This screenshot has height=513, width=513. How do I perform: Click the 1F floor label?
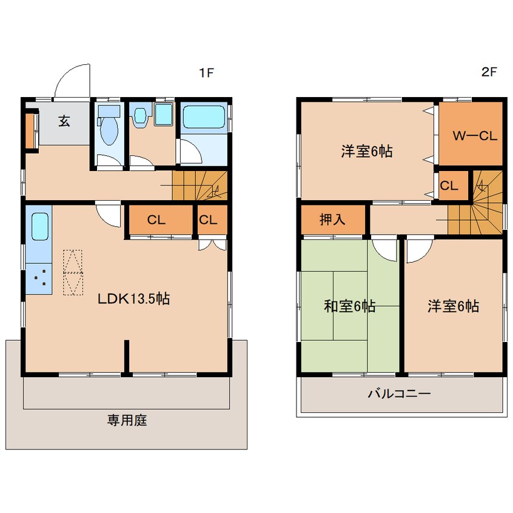click(206, 73)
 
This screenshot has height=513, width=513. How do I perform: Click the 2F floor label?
click(489, 72)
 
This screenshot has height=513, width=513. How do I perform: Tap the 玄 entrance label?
click(64, 121)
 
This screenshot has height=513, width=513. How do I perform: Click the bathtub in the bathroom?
click(204, 117)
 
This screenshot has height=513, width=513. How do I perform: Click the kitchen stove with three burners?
click(39, 279)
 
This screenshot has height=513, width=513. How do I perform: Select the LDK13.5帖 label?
click(134, 299)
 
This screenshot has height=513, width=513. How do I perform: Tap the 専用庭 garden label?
click(127, 420)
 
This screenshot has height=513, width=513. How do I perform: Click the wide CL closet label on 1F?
click(156, 220)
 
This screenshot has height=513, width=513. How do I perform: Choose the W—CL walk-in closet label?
click(475, 135)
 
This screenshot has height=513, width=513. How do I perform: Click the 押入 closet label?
click(332, 219)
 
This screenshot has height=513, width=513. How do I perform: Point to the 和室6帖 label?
click(349, 306)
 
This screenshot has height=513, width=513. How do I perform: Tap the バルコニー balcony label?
click(399, 393)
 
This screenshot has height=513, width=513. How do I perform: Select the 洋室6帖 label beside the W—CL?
click(367, 151)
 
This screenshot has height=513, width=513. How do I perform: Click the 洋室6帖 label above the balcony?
click(453, 306)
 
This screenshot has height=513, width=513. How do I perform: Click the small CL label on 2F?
click(449, 186)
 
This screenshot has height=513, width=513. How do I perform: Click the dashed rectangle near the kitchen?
click(73, 272)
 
